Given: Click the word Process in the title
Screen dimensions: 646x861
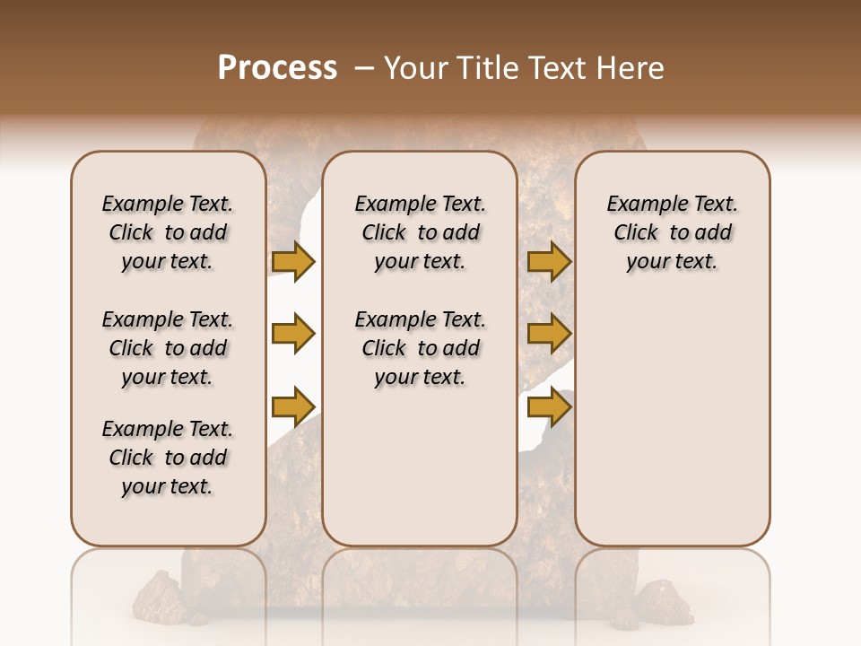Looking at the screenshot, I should coord(277,68).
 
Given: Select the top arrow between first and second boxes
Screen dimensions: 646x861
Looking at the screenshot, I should coord(293,261).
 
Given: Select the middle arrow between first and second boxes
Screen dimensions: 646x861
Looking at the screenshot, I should coord(293,334).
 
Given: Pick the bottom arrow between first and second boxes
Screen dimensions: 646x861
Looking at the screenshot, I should coord(293,406).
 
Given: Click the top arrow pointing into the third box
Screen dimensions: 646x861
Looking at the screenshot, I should coord(549,261).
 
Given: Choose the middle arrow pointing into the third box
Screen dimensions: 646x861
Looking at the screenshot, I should coord(549,334).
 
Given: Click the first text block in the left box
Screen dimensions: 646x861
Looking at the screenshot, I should coord(168,232).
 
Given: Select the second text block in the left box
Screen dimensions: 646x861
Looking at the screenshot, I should coord(168,348).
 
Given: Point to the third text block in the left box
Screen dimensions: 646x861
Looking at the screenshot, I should coord(168,458).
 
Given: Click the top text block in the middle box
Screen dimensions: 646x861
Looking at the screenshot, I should coord(420,232).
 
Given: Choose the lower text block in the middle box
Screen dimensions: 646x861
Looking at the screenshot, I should coord(420,348).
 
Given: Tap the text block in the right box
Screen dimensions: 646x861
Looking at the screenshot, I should coord(672,232).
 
